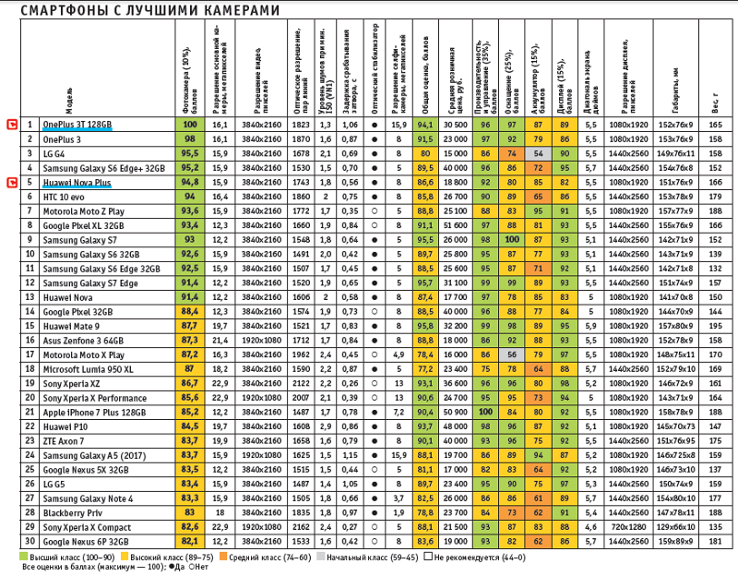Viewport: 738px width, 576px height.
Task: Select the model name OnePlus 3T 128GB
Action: (x=77, y=124)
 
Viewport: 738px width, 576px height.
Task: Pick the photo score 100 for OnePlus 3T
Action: (x=191, y=124)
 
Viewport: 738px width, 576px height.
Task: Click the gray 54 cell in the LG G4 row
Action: (x=536, y=152)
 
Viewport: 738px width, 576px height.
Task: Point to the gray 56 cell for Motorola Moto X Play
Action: (x=510, y=354)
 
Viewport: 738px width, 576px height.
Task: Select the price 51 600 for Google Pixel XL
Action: (x=454, y=224)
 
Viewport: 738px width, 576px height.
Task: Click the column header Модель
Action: (x=70, y=93)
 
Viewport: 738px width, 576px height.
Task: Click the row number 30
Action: (x=30, y=542)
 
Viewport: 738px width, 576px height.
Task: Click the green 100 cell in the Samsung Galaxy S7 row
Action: (x=510, y=239)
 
